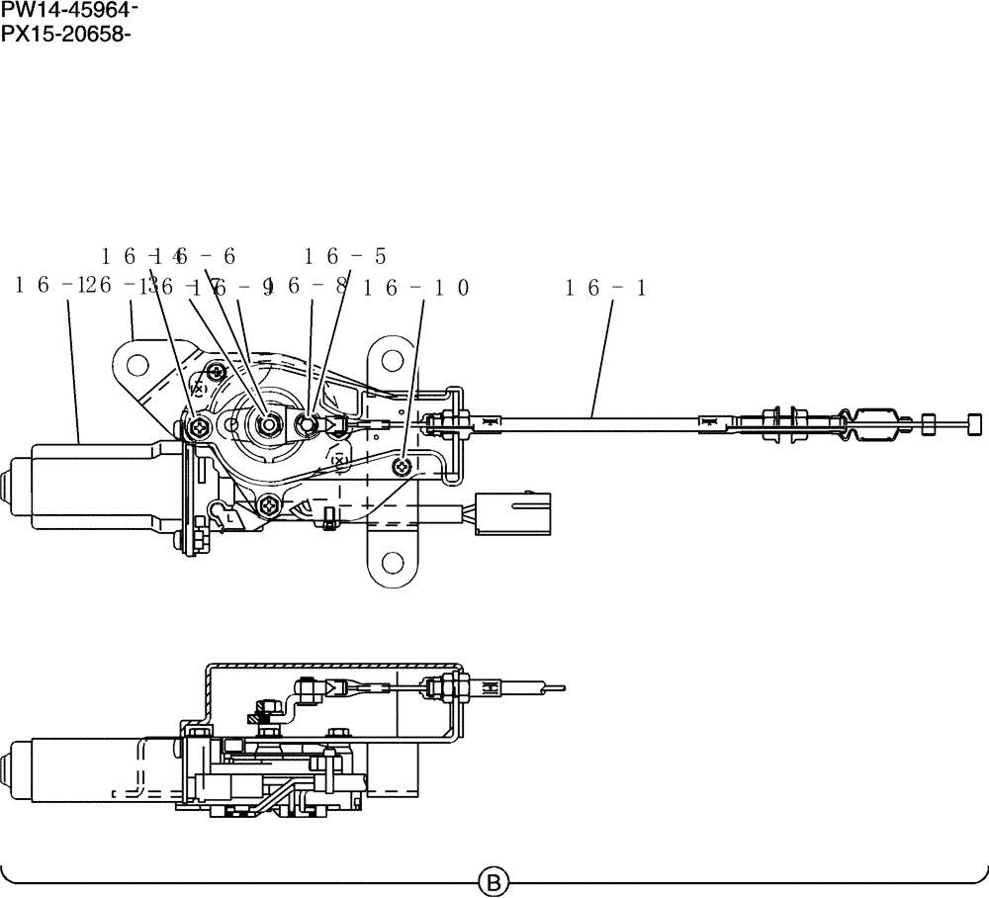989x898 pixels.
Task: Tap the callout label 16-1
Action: coord(605,288)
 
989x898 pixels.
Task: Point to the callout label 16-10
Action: coord(416,288)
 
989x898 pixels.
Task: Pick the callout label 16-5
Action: coord(345,256)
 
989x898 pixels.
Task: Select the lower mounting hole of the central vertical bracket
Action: coord(393,565)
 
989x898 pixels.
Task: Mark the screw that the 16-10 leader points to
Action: coord(402,466)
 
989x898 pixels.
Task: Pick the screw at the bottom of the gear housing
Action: coord(270,507)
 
